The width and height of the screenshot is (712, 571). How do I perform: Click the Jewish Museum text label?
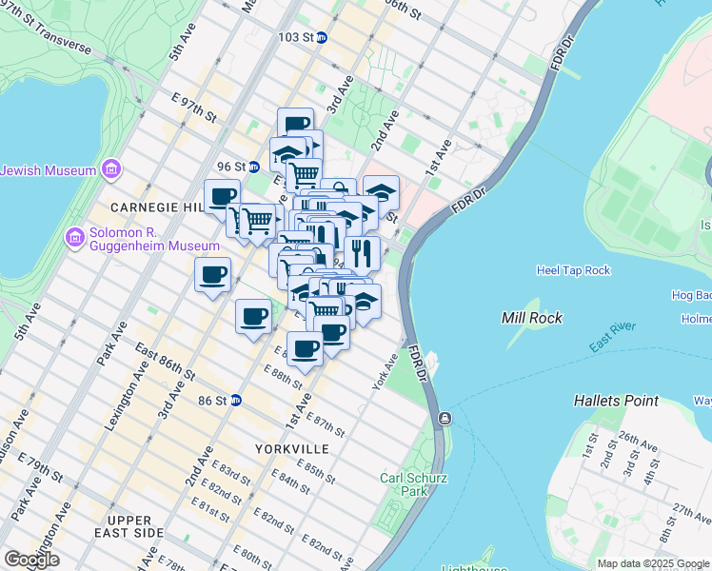click(48, 170)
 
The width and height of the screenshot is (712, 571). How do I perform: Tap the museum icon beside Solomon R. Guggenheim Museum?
click(74, 235)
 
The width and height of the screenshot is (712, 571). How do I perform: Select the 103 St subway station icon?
click(322, 37)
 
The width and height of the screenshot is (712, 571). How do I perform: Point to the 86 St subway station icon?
click(236, 401)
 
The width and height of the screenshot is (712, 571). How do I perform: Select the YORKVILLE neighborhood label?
click(292, 448)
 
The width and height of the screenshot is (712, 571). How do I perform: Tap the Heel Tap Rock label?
click(573, 270)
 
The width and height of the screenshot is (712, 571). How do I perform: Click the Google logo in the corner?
click(31, 560)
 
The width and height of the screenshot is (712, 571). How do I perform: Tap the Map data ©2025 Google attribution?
click(653, 563)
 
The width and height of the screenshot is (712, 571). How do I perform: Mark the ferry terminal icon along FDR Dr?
click(445, 419)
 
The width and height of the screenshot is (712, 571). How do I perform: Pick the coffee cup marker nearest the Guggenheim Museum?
click(212, 275)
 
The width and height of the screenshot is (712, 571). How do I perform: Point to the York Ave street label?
click(384, 372)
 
